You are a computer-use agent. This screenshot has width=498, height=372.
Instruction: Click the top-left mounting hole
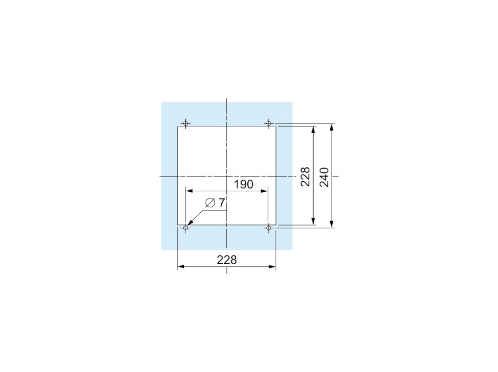186,123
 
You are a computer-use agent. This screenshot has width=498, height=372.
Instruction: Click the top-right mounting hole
269,123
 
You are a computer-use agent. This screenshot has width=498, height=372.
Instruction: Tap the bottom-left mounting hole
186,228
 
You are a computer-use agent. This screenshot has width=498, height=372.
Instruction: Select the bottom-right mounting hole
269,228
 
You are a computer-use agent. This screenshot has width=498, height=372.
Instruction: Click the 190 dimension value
243,184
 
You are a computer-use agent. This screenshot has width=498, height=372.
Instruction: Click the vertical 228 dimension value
305,177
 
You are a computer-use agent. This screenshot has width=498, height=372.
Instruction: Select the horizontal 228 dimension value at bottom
227,260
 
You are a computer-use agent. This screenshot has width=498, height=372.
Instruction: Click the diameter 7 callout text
215,202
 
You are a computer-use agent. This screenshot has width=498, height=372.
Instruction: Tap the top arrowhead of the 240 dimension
331,127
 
